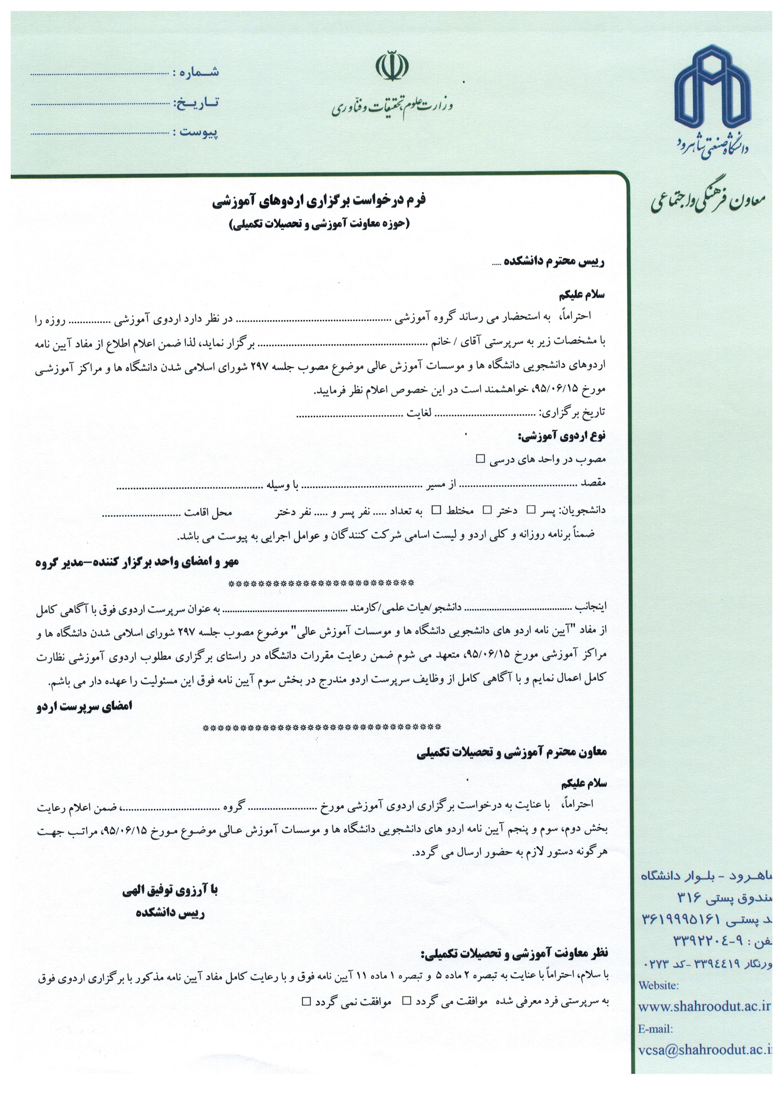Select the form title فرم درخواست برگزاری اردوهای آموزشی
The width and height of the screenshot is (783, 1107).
click(319, 201)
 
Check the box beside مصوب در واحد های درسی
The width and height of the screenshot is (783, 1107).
click(480, 459)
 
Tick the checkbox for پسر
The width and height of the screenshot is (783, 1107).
click(531, 510)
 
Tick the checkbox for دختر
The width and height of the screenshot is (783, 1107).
click(487, 510)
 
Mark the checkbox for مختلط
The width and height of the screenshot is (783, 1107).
click(436, 510)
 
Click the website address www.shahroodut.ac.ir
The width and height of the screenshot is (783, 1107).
click(704, 1007)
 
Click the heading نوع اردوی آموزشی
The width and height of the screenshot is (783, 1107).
click(561, 436)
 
